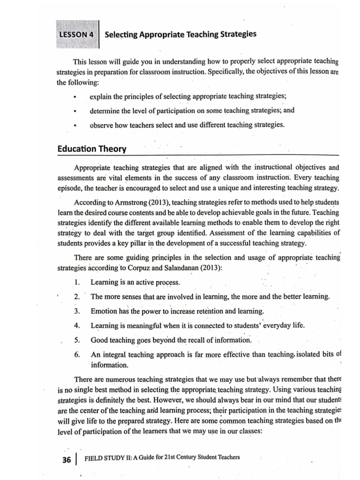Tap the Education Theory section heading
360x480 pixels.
pyautogui.click(x=92, y=149)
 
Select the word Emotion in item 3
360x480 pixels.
pyautogui.click(x=104, y=311)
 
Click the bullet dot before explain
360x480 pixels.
pyautogui.click(x=75, y=97)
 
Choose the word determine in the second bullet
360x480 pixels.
pyautogui.click(x=106, y=111)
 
